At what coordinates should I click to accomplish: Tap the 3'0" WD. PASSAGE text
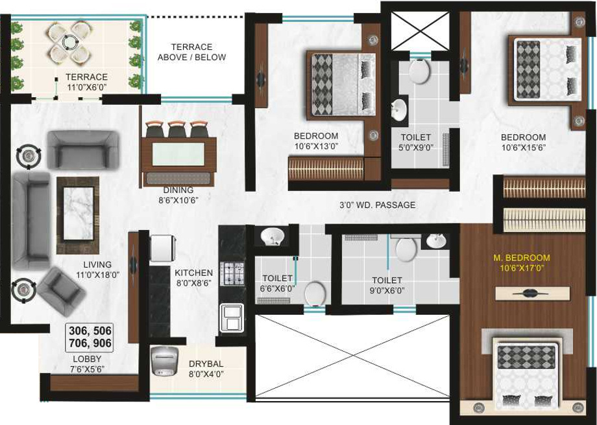pos(377,205)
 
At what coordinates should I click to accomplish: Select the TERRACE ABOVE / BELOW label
pos(191,52)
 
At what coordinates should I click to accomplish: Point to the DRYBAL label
pos(206,364)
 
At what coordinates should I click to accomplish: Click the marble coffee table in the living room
pos(78,214)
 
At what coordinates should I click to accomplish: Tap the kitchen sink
pos(232,317)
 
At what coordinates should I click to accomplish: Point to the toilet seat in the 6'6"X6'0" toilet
pos(315,293)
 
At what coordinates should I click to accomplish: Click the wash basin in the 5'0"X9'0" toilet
pos(399,108)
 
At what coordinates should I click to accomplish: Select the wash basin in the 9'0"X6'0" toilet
pos(434,241)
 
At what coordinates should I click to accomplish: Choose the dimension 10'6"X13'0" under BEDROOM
pos(316,146)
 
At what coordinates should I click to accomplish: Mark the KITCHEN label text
pos(193,273)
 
